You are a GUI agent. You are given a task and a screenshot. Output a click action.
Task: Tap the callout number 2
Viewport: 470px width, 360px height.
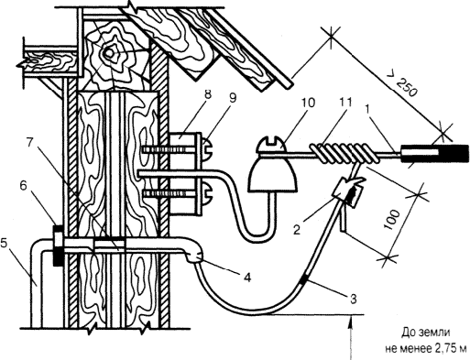coord(297,229)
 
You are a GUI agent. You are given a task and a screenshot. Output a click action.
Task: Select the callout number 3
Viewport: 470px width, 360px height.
coord(353,299)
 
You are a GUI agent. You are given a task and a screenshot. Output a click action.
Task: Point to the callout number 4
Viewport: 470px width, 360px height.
coord(247,278)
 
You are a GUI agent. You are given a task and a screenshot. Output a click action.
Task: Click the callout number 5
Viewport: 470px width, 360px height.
coord(5,245)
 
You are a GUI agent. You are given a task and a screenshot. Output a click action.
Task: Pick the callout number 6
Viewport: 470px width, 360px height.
coord(24,185)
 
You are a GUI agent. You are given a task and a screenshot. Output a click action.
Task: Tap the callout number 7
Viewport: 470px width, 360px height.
coord(29,143)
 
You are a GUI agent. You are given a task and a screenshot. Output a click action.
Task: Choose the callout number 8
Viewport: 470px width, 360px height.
coord(208,95)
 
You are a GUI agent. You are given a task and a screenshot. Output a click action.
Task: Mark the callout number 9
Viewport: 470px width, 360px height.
coord(233,99)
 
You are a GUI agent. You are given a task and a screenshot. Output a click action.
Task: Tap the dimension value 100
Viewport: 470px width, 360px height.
coord(392,220)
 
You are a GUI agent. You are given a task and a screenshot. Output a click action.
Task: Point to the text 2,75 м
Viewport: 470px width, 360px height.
coord(449,348)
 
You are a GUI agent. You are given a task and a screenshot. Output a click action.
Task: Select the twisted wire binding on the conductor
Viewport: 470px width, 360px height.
coord(344,153)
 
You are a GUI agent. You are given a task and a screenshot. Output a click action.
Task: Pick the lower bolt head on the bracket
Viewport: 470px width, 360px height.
coord(205,193)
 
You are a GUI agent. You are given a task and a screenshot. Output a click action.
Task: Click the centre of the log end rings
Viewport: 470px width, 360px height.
coord(109,53)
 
